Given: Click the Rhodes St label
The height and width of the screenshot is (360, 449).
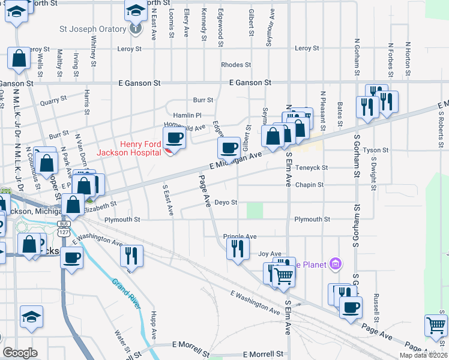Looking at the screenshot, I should click(x=235, y=65).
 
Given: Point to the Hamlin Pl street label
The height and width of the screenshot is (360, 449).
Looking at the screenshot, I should click(x=187, y=115).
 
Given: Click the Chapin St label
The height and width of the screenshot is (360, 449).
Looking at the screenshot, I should click(x=309, y=185).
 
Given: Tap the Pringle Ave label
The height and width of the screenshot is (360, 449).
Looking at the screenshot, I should click(x=240, y=236).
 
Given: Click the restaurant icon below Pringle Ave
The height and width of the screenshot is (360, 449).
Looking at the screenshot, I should click(x=238, y=248).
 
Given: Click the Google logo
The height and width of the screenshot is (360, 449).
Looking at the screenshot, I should click(x=19, y=353).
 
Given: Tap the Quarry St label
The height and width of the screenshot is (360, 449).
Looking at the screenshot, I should click(x=53, y=103).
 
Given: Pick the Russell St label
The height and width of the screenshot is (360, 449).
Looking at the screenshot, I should click(x=376, y=305).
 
